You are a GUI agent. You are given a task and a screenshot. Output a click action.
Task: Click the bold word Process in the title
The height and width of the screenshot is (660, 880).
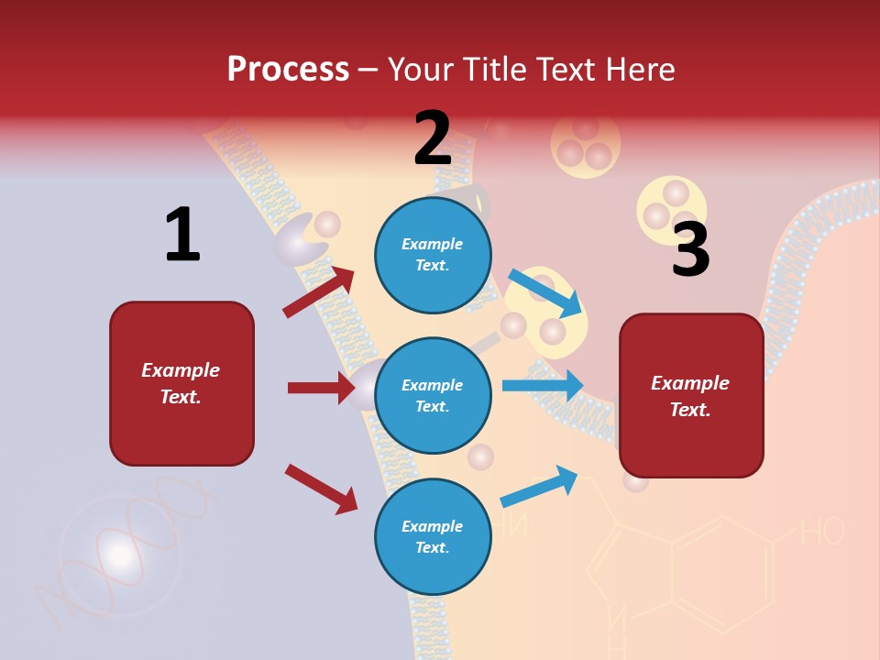coord(288,70)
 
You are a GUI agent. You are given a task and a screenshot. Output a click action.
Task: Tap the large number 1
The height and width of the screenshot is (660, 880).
coord(182,235)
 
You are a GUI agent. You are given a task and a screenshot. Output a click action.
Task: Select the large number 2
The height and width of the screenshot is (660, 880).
coord(433,139)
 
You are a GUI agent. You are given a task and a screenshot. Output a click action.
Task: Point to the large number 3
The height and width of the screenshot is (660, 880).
coord(690,249)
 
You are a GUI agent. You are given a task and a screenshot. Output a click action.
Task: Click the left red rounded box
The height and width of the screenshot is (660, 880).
coord(181,383)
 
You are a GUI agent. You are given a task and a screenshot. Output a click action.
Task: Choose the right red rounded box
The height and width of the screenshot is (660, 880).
coord(691,396)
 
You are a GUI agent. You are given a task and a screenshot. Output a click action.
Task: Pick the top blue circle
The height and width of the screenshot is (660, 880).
coord(433,254)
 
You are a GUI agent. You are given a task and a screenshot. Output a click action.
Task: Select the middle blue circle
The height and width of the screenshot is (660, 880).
coord(433,395)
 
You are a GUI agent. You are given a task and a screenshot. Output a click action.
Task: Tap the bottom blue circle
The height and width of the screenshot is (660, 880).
coord(433,536)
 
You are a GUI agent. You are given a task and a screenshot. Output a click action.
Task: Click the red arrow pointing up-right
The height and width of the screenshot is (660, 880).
coord(319,291)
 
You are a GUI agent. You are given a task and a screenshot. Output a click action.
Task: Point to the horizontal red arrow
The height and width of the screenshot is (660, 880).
coord(321,388)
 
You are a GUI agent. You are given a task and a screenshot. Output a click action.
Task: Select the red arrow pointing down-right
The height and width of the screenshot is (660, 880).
coord(321,489)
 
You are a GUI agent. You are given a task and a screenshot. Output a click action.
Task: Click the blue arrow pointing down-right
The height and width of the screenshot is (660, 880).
coord(546,293)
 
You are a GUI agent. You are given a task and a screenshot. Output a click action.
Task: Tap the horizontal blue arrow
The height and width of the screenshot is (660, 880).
coord(543,386)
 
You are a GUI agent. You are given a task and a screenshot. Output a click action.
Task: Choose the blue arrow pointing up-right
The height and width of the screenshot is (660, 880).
coord(539,487)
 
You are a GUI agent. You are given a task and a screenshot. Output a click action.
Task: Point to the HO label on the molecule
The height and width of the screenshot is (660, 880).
coord(821,532)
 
